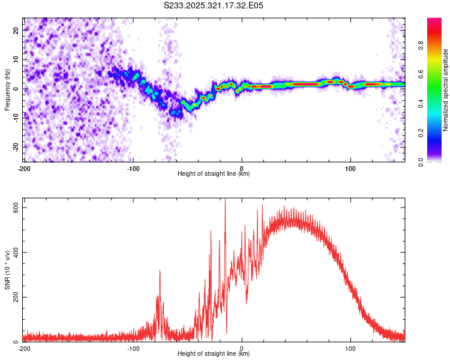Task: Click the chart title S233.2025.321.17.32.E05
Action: (214, 5)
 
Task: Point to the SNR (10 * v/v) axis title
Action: (7, 272)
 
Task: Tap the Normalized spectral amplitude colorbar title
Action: (445, 90)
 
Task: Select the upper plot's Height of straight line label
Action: (214, 173)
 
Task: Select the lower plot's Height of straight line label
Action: (214, 354)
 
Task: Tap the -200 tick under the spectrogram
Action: (24, 168)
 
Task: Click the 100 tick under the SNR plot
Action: (351, 349)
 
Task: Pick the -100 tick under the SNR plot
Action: (133, 349)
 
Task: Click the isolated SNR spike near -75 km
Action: (160, 271)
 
